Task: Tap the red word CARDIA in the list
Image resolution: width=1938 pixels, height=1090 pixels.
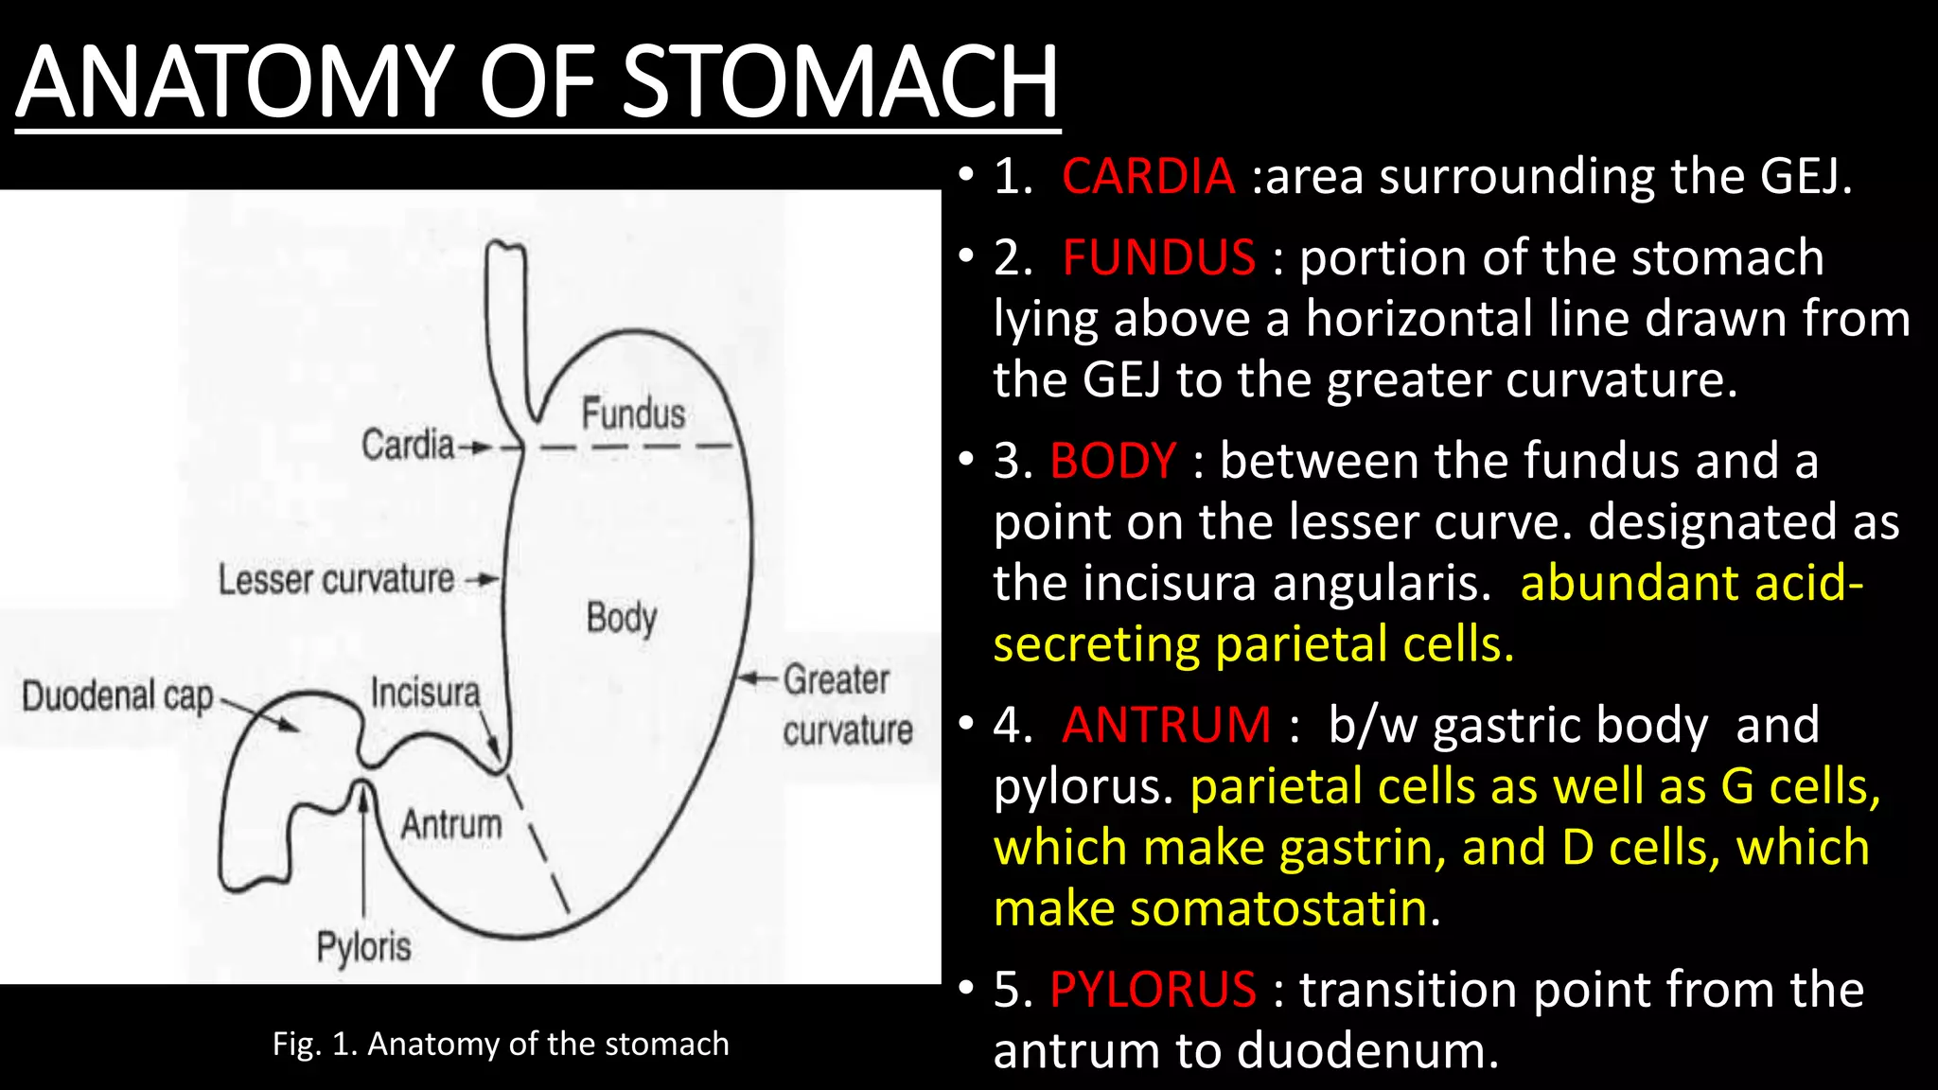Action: coord(1148,177)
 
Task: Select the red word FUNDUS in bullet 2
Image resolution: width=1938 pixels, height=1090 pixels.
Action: coord(1158,258)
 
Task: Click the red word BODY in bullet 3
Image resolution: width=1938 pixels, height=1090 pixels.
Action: coord(1113,462)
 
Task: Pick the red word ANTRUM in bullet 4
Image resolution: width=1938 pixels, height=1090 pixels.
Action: coord(1166,726)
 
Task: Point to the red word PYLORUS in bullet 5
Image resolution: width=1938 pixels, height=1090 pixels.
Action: coord(1153,991)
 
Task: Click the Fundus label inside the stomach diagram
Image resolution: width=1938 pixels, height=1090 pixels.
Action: coord(633,414)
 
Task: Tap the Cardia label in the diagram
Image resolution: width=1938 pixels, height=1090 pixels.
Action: coord(408,445)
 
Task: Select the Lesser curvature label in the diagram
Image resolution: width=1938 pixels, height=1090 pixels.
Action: coord(336,579)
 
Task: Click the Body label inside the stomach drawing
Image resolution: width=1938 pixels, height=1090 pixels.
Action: coord(621,618)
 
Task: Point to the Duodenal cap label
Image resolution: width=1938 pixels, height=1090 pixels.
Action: coord(117,696)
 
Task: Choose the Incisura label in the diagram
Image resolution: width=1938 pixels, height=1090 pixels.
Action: coord(425,693)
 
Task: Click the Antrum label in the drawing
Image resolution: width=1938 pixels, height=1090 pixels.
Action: coord(451,824)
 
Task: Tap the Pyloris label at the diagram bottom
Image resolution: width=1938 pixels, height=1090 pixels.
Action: coord(363,946)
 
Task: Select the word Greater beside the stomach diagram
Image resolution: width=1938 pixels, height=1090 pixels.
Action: coord(837,679)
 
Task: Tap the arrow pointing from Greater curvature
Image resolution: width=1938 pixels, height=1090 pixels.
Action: coord(757,678)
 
